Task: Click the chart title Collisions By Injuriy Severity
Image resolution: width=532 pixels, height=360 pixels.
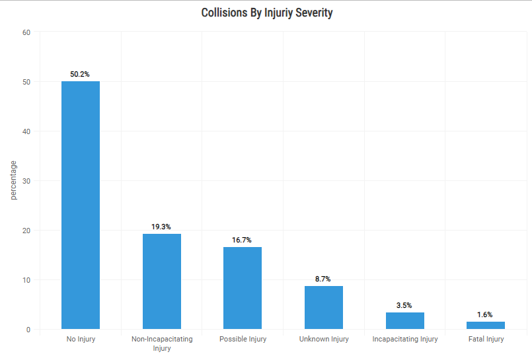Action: coord(266,13)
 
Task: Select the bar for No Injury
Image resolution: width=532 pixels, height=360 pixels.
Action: coord(81,205)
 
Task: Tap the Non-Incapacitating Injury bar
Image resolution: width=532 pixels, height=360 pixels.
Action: coord(162,281)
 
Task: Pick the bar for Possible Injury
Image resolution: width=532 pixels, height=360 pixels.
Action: coord(243,288)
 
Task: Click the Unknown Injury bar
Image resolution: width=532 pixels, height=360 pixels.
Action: coord(324,307)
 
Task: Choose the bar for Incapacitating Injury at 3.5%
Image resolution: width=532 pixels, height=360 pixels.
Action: coord(405,320)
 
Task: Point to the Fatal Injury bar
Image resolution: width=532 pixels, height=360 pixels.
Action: coord(486,325)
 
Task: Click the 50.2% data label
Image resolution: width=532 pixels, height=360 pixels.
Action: coord(80,74)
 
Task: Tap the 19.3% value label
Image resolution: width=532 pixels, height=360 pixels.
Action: coord(161,227)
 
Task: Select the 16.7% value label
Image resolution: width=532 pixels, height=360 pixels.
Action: coord(242,240)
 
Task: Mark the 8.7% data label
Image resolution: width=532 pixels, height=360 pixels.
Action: coord(323,279)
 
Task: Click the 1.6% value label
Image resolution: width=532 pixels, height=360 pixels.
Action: coord(485,314)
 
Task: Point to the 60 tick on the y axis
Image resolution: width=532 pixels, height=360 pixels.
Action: coord(26,32)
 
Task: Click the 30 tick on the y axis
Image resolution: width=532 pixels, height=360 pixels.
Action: coord(26,181)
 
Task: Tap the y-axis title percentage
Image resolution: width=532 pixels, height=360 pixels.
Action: coord(13,180)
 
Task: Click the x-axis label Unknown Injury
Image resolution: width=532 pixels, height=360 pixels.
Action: coord(324,340)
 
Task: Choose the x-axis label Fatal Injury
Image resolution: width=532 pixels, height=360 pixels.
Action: coord(486,340)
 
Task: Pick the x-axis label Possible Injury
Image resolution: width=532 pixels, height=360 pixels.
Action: coord(243,340)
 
